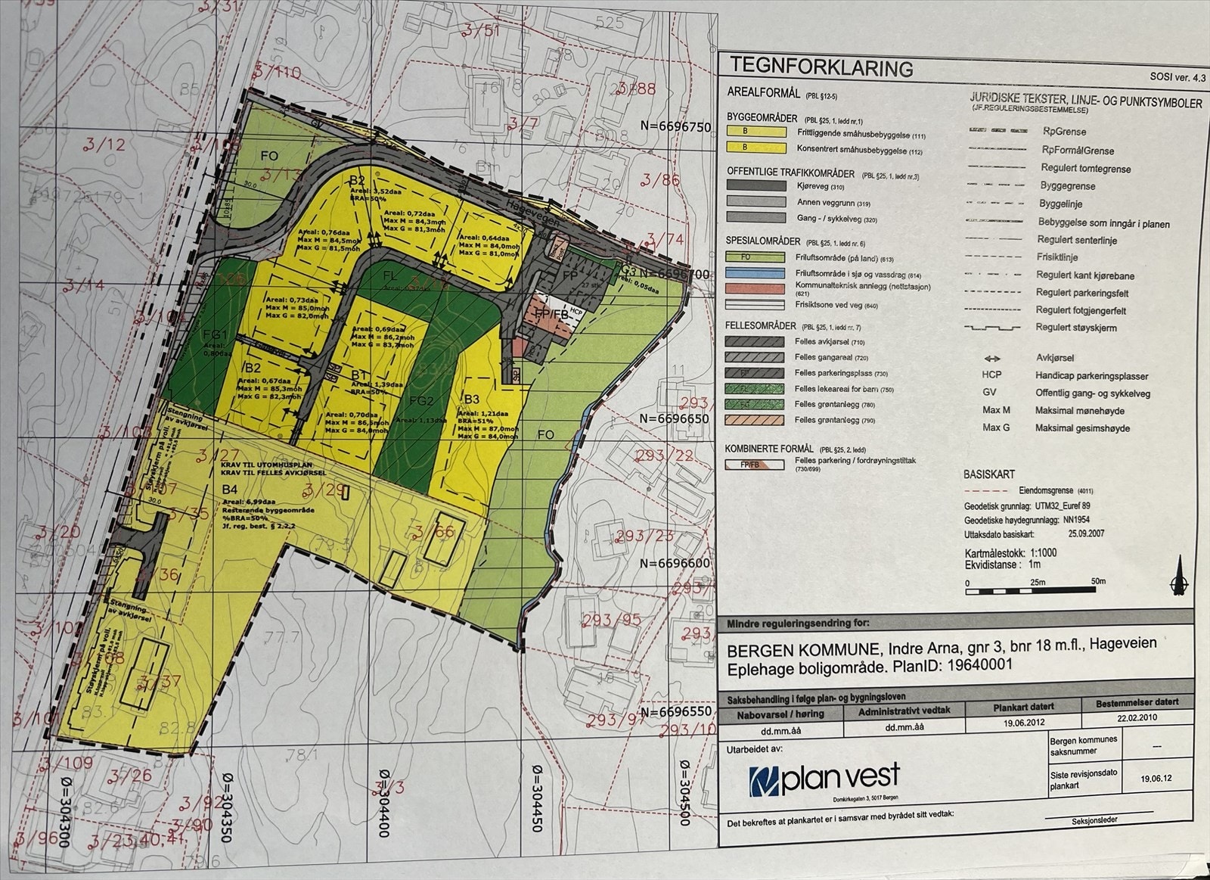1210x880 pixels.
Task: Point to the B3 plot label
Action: coord(471,400)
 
